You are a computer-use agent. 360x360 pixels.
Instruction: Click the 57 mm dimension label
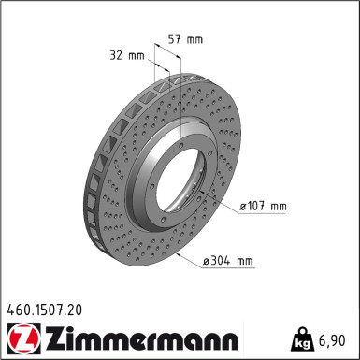(x=185, y=39)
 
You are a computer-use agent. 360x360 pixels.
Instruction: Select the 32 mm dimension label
(x=127, y=55)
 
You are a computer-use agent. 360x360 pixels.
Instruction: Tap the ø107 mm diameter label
(x=263, y=206)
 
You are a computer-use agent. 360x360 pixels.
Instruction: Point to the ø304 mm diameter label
(x=228, y=260)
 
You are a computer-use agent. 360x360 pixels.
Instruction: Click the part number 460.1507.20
(x=45, y=310)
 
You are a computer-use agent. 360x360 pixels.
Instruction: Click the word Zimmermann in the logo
(x=142, y=338)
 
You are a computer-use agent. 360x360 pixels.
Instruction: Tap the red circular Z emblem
(x=23, y=338)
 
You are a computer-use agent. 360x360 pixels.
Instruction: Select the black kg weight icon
(x=301, y=339)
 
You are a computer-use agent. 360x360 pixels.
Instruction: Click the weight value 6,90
(x=332, y=340)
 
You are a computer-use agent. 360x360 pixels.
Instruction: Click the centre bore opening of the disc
(x=180, y=180)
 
